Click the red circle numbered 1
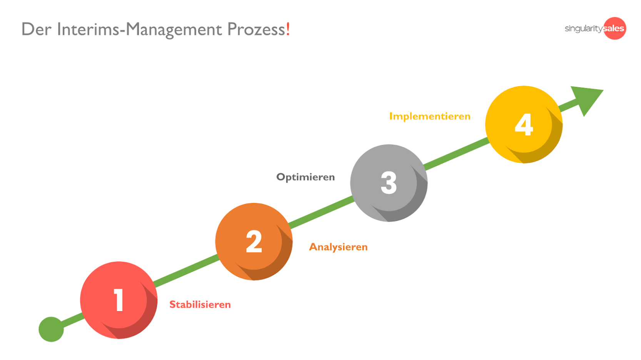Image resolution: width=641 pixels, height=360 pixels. point(119,300)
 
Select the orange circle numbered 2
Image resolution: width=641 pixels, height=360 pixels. point(254,242)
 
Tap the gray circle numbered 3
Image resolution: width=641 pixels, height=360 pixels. point(389,183)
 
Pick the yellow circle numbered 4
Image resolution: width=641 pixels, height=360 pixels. point(524,124)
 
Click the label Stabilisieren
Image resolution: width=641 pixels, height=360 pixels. point(200,305)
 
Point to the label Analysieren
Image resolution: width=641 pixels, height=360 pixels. point(338,247)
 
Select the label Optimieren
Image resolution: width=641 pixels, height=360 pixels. point(305,177)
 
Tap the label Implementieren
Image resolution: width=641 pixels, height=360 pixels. point(430,116)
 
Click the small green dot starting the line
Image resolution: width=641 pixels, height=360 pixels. point(51,329)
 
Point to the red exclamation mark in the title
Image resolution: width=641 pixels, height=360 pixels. point(288,29)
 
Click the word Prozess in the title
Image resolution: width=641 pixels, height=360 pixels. point(256,29)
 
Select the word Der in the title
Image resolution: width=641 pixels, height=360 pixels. point(36,29)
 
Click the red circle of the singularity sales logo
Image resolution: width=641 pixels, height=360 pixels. point(615,28)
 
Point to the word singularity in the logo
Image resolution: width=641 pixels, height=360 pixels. point(583,28)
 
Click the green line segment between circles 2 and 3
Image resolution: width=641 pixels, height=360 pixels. point(321,212)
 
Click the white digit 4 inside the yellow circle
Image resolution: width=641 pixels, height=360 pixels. point(524,125)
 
